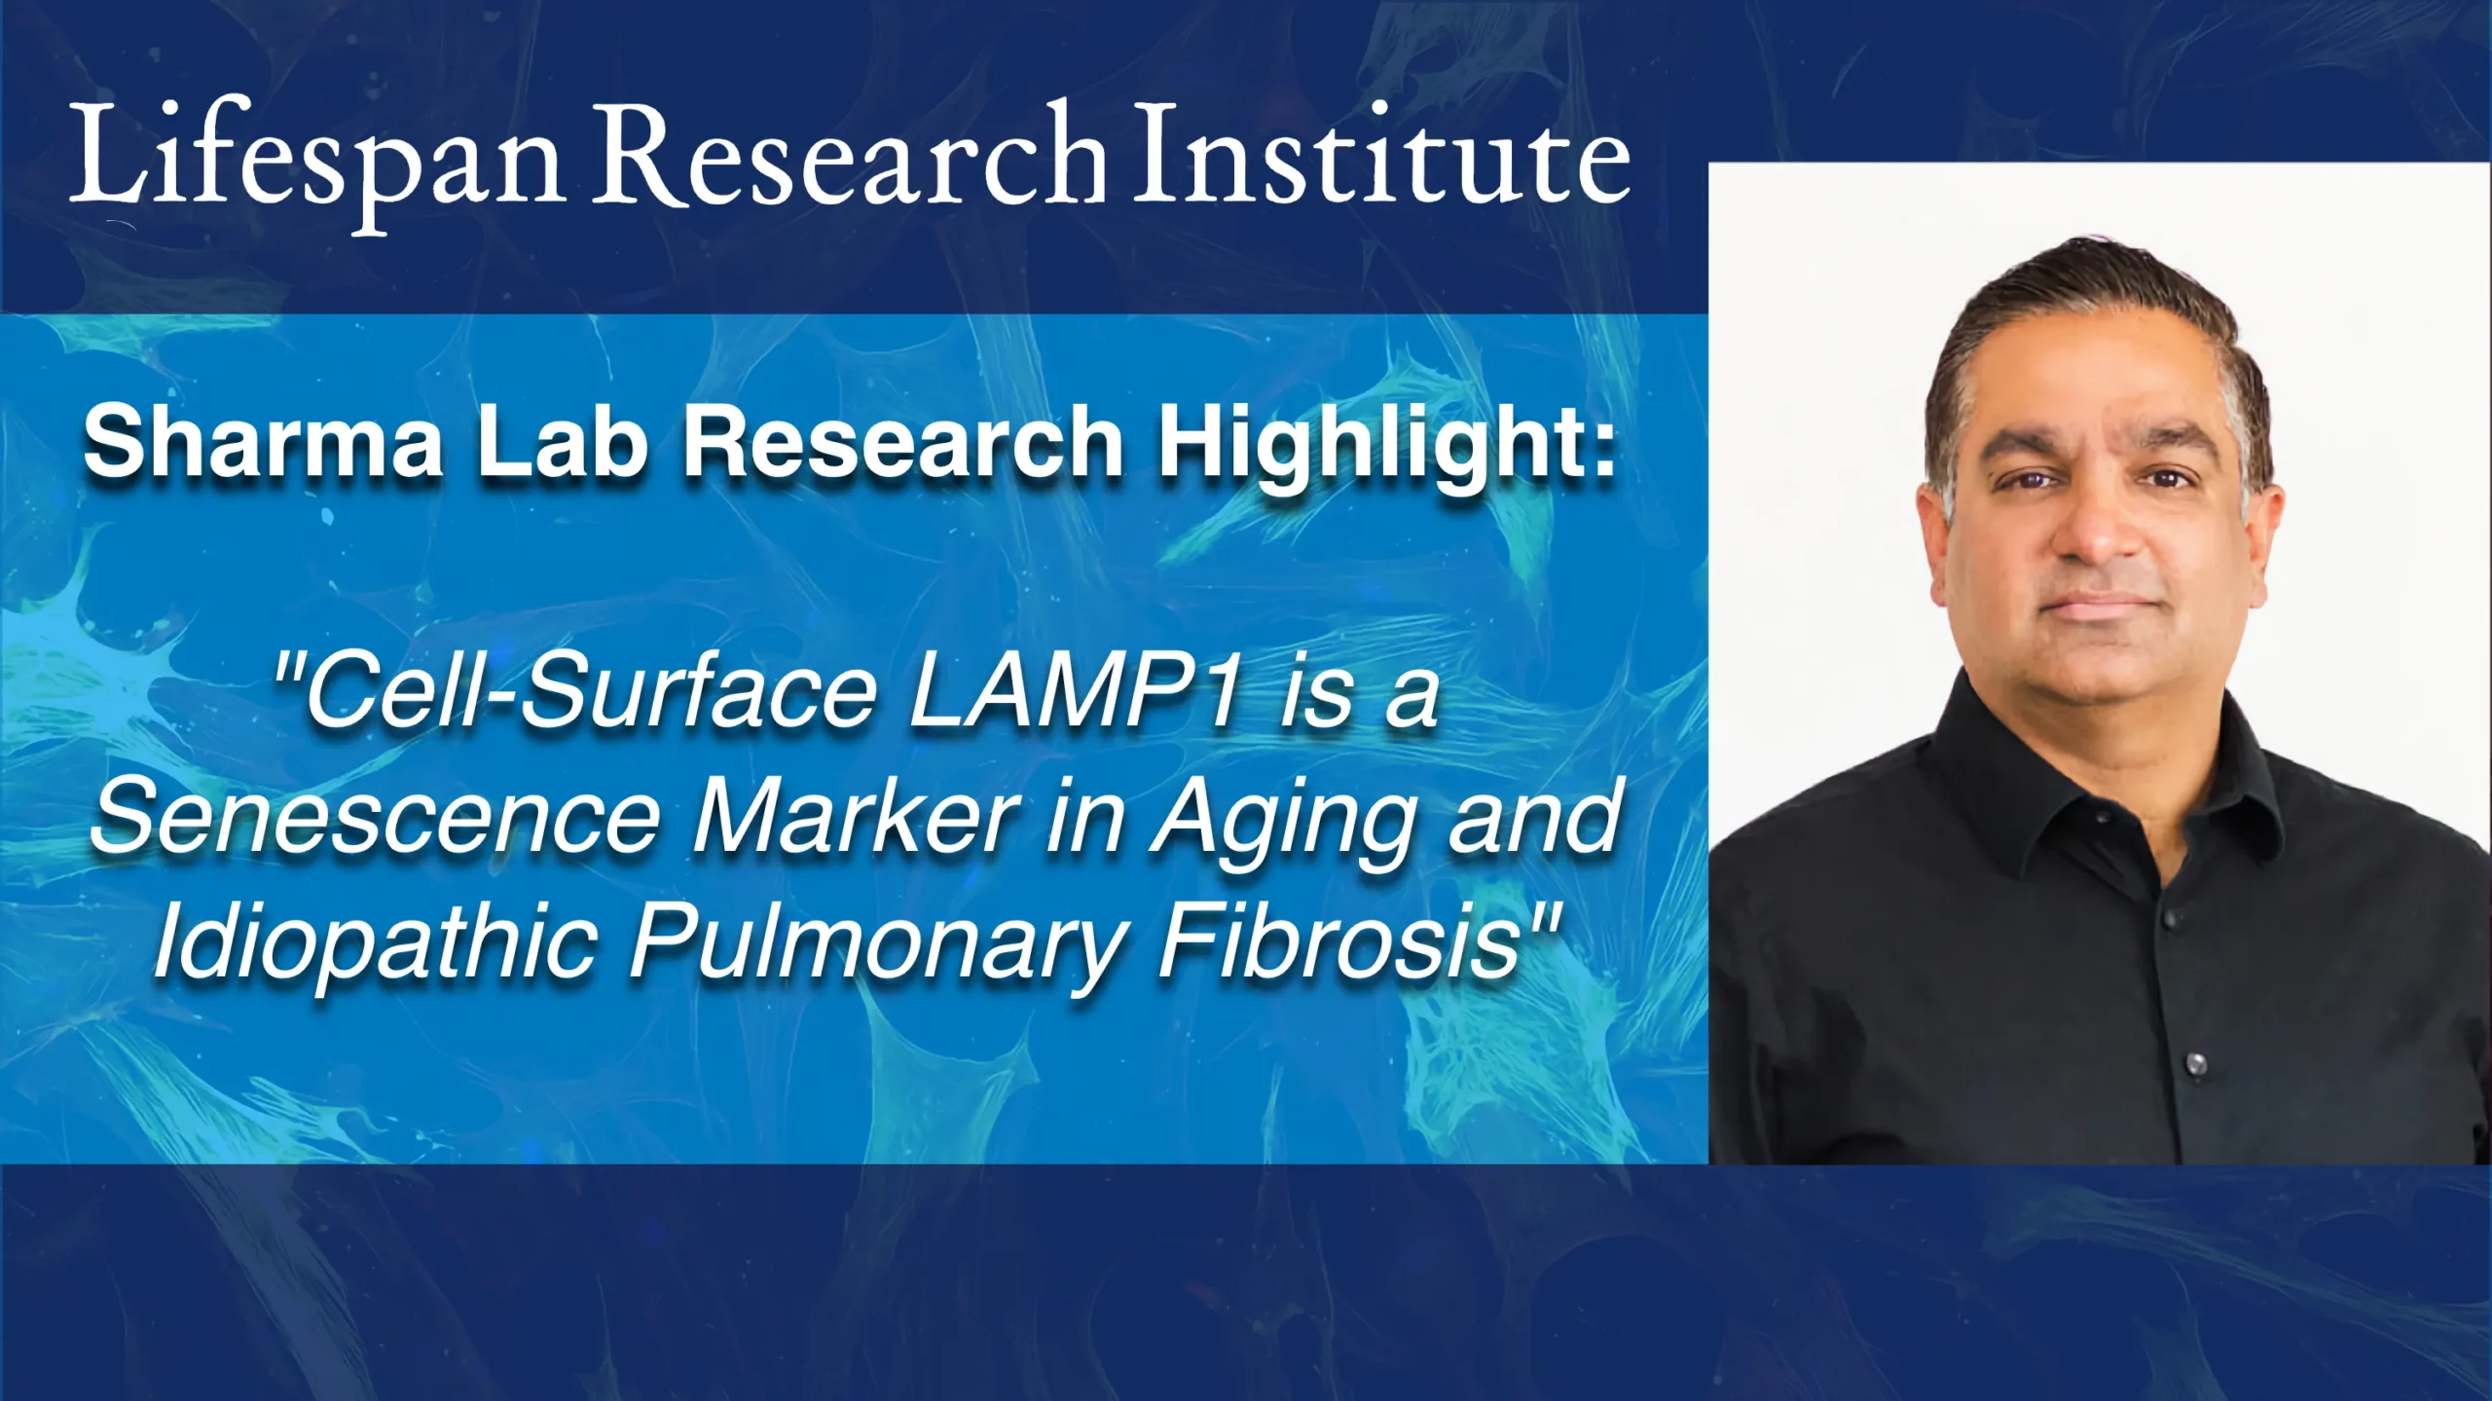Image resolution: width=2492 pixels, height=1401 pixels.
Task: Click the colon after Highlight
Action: pos(1602,454)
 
